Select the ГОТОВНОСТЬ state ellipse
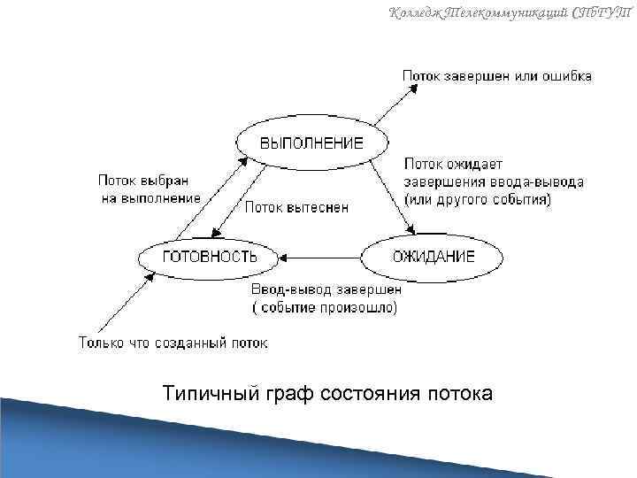[x=210, y=257]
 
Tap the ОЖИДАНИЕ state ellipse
[x=433, y=257]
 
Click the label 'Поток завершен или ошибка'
[x=497, y=76]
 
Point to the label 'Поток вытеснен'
[x=296, y=207]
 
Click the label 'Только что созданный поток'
[x=173, y=342]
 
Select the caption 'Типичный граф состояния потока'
[x=327, y=393]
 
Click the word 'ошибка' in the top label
[x=565, y=76]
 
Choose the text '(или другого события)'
[x=478, y=200]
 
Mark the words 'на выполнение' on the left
[x=150, y=197]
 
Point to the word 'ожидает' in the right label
[x=474, y=164]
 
